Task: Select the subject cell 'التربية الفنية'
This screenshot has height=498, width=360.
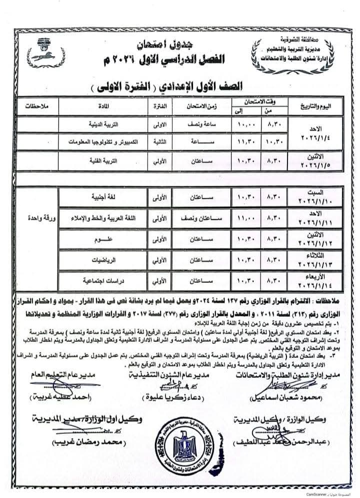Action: click(x=106, y=162)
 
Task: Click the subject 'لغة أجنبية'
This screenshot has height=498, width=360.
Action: click(x=106, y=197)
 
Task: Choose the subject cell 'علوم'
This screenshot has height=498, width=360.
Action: click(x=106, y=239)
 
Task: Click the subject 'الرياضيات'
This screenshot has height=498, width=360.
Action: click(x=106, y=260)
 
